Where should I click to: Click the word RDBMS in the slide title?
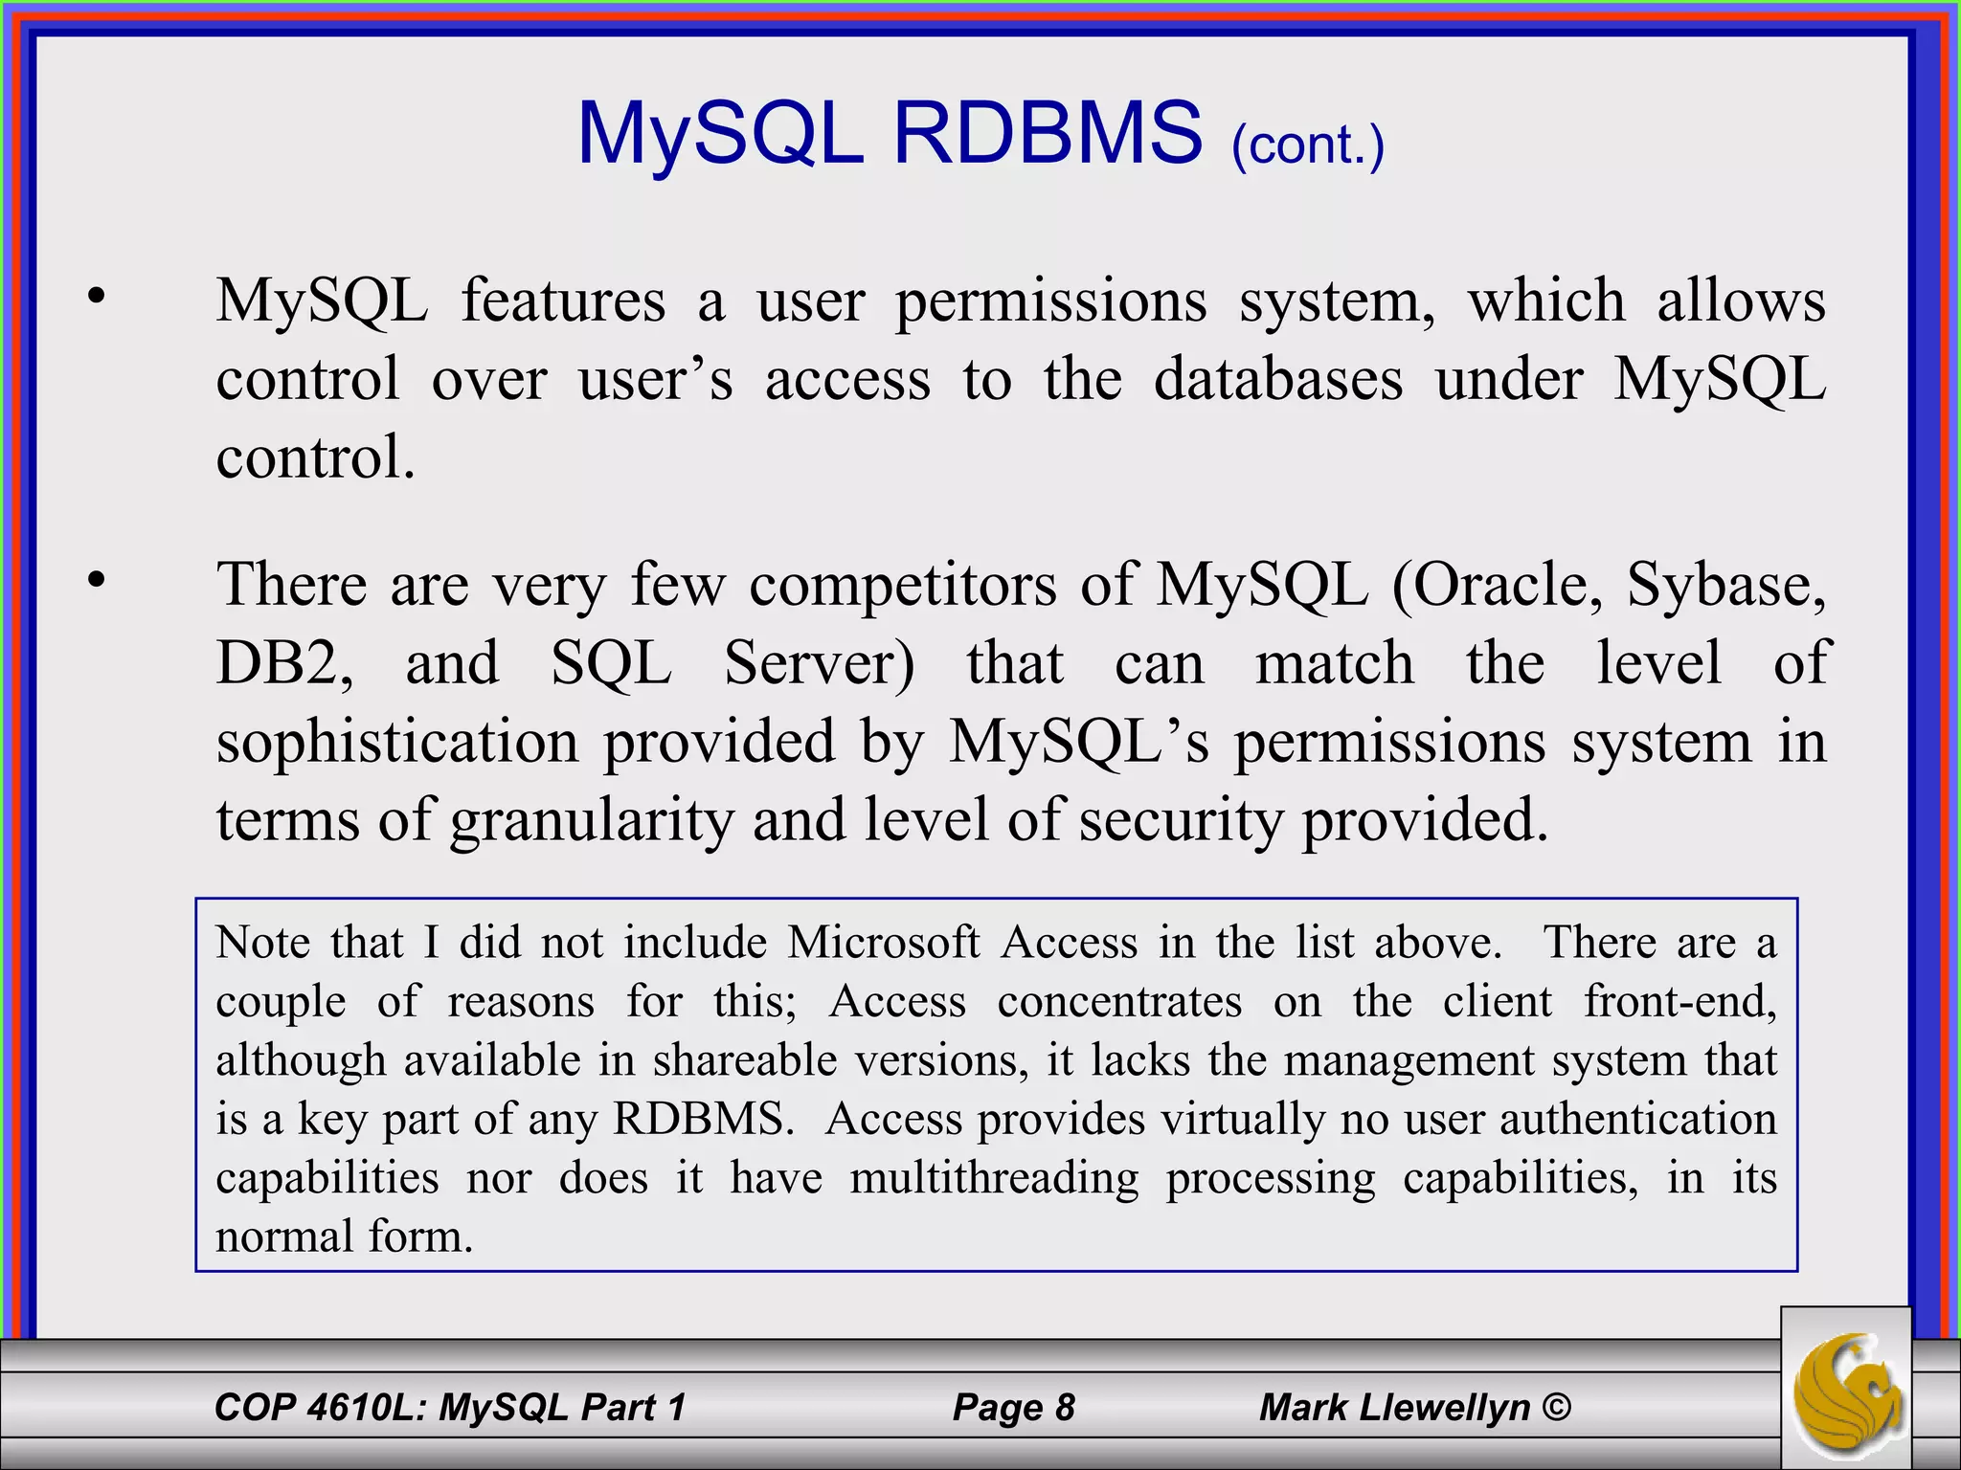pos(1047,134)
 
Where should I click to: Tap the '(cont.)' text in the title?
pos(1308,145)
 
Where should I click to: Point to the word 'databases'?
pos(1277,380)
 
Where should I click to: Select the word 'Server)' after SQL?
pos(819,664)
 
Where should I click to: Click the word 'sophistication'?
pos(397,743)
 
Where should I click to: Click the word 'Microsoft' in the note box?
pos(884,943)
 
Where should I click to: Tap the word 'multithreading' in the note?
pos(994,1178)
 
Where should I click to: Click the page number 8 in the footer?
pos(1065,1407)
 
